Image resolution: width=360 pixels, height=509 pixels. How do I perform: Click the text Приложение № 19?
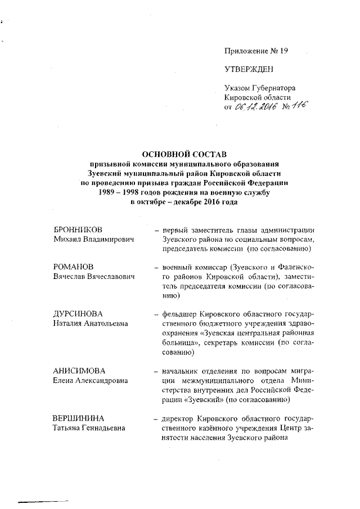[x=256, y=51]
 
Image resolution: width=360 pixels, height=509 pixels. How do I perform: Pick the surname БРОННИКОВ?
[x=78, y=231]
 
